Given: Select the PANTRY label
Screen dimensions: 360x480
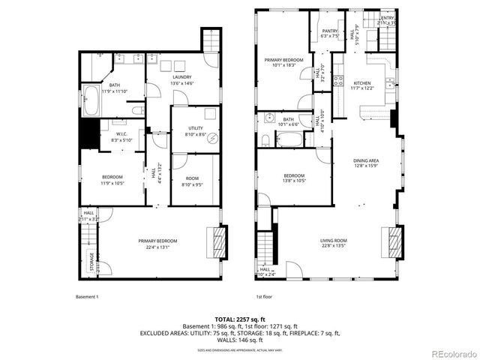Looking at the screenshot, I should point(329,32).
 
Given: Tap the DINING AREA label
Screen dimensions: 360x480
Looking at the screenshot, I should point(366,163).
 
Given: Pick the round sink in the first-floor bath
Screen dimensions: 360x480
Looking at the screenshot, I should point(268,118).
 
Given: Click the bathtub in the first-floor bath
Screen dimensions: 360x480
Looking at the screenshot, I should point(289,139).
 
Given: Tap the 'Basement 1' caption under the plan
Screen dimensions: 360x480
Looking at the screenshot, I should point(87,296).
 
